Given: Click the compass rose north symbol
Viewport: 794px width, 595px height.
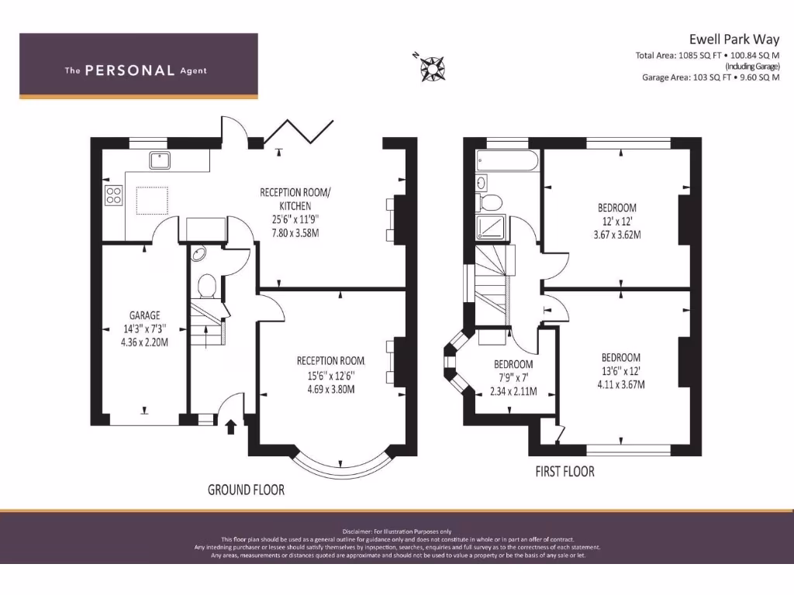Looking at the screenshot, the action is (432, 67).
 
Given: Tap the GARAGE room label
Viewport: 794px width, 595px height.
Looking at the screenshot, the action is (144, 315).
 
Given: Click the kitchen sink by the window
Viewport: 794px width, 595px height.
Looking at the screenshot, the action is (160, 160).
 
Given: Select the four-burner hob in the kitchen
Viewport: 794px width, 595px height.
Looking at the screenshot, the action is (113, 195).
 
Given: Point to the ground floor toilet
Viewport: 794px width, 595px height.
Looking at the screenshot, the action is (207, 286).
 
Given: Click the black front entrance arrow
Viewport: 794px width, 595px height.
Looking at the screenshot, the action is (230, 427).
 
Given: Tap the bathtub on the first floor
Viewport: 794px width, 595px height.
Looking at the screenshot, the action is (507, 161).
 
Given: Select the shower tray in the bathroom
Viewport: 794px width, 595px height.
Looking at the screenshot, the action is (491, 226).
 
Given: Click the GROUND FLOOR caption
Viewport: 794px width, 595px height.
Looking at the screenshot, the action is (246, 490).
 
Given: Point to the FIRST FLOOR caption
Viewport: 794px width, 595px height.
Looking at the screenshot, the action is (565, 472).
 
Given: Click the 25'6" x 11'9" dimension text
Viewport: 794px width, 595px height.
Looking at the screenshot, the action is (295, 219).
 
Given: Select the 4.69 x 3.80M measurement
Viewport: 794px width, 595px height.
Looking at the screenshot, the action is (330, 390).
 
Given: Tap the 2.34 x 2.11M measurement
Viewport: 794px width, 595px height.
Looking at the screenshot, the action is (513, 391).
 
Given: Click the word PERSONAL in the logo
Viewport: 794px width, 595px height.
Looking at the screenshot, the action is (129, 71).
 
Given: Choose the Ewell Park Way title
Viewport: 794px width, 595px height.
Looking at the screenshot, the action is (734, 39).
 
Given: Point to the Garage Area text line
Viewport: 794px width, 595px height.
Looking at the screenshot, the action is (711, 77).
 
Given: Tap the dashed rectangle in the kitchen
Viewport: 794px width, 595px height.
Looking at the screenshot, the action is (152, 201).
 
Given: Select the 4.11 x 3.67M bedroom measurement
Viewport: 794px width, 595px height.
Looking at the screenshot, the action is (621, 384).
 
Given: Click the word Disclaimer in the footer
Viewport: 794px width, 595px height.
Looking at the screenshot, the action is (357, 531).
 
